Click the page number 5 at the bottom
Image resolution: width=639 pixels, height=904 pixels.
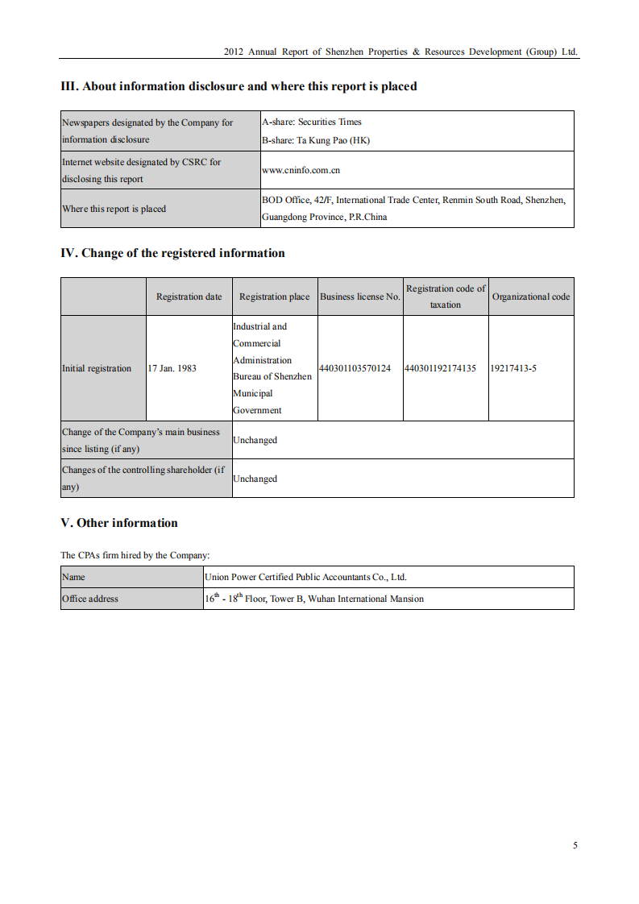(x=575, y=845)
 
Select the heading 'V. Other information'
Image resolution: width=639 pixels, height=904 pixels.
(x=119, y=523)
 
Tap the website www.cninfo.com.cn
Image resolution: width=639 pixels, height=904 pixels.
(x=301, y=171)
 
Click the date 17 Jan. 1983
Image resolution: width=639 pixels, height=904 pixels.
(x=172, y=368)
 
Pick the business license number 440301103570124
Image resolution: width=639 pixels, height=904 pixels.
(x=355, y=368)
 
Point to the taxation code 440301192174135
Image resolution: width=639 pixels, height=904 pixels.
(x=441, y=368)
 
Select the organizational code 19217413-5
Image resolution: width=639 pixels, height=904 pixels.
(x=513, y=368)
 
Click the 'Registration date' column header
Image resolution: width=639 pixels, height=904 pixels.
(x=189, y=296)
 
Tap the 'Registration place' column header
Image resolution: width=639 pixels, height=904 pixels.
(x=274, y=296)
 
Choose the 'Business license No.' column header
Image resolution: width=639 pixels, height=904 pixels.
(x=359, y=296)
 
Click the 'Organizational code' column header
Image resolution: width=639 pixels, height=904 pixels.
(x=530, y=296)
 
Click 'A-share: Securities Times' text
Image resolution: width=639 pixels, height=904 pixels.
(x=312, y=122)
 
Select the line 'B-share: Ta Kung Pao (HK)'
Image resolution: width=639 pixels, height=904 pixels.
(x=316, y=139)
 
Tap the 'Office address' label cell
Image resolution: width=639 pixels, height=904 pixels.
(x=90, y=599)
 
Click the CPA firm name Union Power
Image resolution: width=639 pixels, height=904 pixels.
(x=305, y=577)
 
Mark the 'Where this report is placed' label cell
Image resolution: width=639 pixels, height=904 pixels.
(x=114, y=209)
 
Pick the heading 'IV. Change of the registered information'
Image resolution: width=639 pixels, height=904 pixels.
(x=172, y=253)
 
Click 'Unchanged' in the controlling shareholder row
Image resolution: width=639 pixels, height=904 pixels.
(x=255, y=479)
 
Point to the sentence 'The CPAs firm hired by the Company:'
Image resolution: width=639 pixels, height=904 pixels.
(x=135, y=555)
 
